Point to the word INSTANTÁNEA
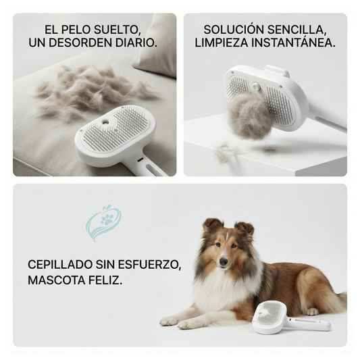coord(293,43)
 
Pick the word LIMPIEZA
coord(222,43)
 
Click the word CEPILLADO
coord(60,265)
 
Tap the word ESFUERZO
coord(149,265)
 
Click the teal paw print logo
coord(103,223)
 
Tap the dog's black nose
coord(224,261)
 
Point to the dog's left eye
coord(234,246)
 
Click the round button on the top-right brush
coord(256,86)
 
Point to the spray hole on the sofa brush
coord(106,120)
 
